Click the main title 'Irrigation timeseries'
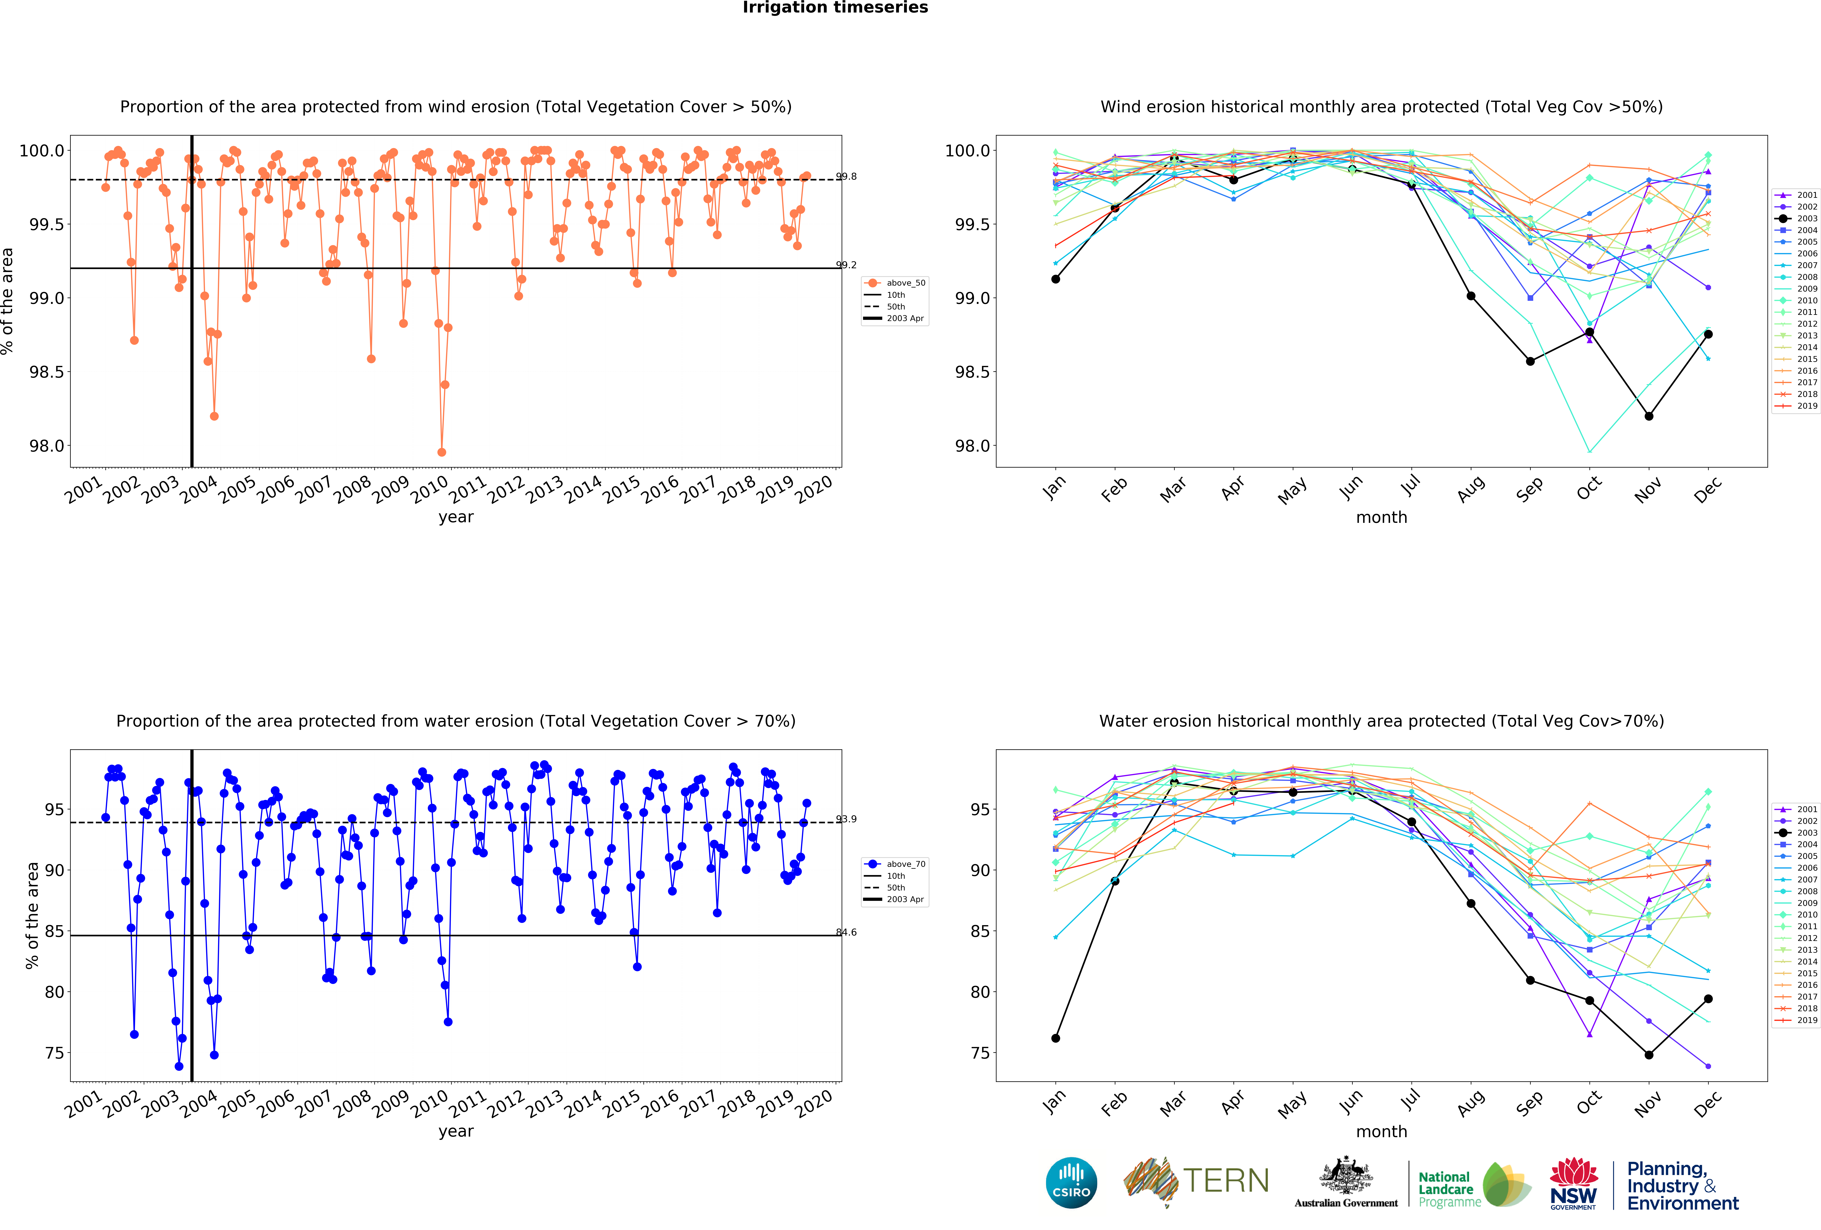coord(835,8)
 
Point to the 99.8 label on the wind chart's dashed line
coord(846,176)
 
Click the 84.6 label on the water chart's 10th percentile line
coord(846,932)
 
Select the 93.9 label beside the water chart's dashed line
coord(846,819)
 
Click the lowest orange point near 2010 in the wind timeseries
coord(442,452)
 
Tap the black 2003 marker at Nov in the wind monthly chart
coord(1649,416)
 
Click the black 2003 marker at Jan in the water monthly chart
coord(1055,1038)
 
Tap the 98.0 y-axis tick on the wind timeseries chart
coord(47,446)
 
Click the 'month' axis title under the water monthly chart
coord(1381,1131)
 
